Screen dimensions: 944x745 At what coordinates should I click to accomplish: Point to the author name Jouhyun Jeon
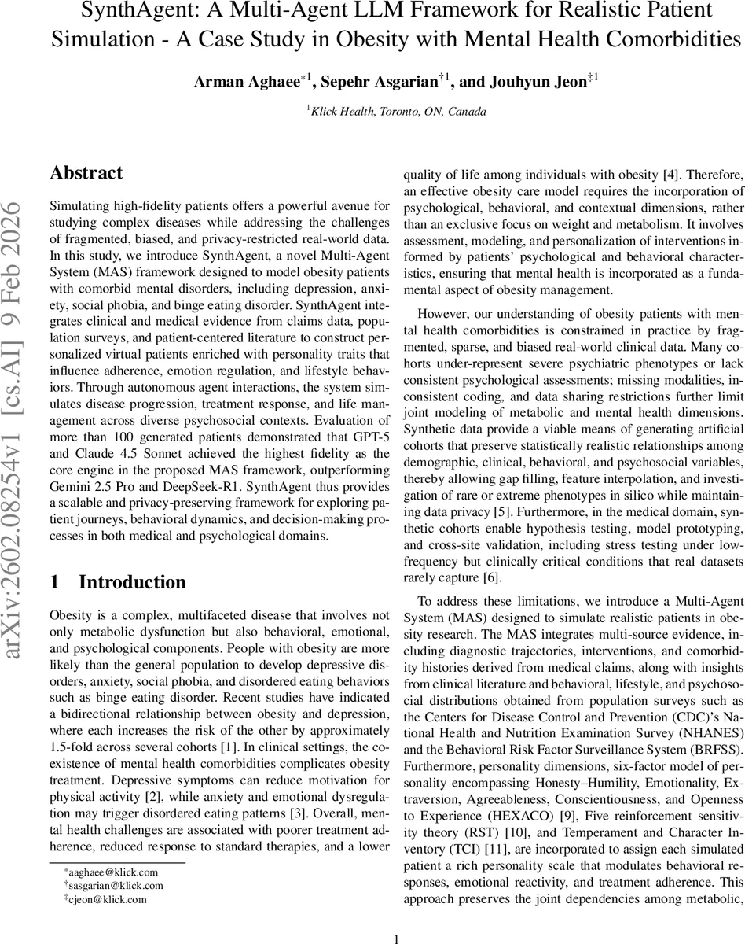click(546, 80)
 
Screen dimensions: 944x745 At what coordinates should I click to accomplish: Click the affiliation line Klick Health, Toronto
click(398, 112)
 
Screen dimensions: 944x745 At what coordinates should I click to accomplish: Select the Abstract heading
click(86, 173)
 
